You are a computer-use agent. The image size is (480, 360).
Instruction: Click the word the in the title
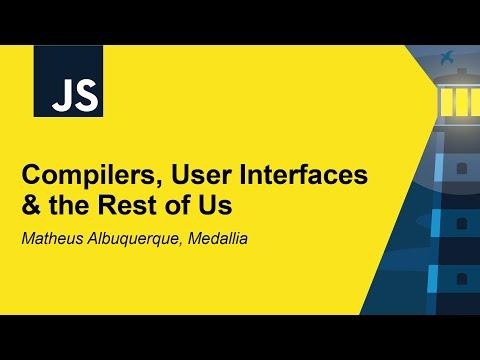click(x=75, y=206)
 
